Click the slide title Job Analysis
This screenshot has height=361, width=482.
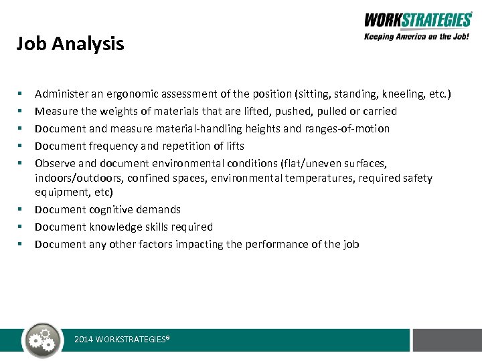pyautogui.click(x=70, y=44)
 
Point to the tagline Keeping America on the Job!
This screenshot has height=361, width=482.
pyautogui.click(x=417, y=37)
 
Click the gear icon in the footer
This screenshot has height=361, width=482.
pyautogui.click(x=42, y=340)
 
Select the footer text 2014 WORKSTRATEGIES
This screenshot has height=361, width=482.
pyautogui.click(x=122, y=340)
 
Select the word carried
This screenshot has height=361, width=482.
pyautogui.click(x=380, y=112)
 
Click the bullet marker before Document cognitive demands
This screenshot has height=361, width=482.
pyautogui.click(x=22, y=210)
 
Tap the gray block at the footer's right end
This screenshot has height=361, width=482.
pyautogui.click(x=447, y=340)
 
